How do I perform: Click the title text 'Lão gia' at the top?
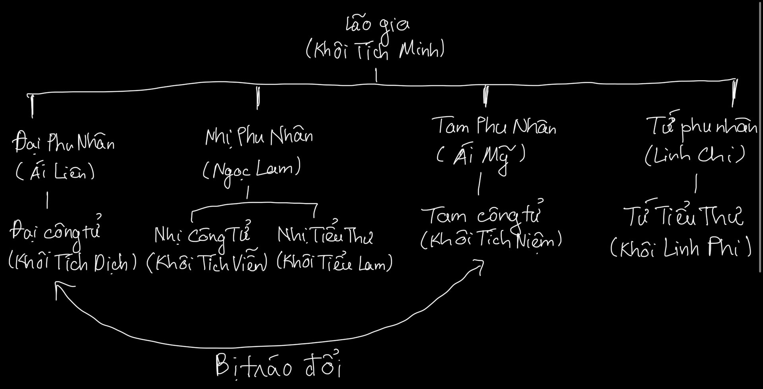point(377,25)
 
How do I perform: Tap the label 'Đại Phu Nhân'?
point(64,143)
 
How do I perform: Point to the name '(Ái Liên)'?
point(55,172)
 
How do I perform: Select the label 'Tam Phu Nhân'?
point(494,127)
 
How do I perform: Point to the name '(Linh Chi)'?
point(695,156)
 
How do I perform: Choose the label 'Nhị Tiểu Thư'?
point(325,236)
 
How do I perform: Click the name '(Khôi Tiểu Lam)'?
point(335,263)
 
